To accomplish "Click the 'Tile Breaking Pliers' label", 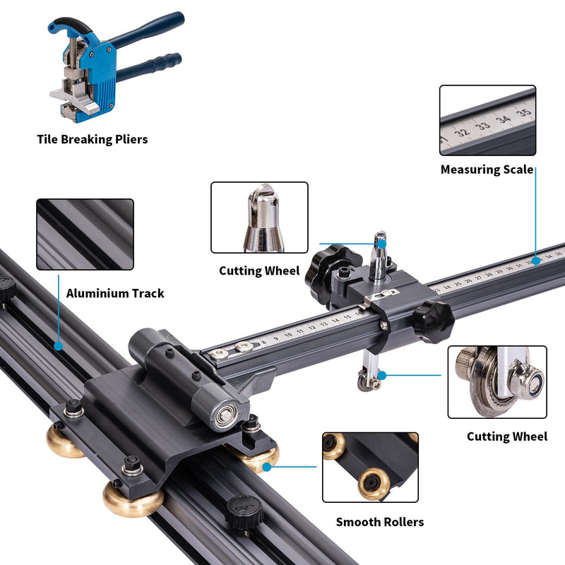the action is point(93,139).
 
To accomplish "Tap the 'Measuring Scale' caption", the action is point(487,169).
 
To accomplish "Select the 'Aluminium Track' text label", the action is point(115,293).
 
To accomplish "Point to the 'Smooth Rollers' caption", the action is point(380,522).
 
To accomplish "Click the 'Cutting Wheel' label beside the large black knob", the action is point(259,271).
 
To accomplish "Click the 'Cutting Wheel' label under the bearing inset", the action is point(507,436).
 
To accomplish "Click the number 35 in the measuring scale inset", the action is point(523,112).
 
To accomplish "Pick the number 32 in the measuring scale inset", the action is point(462,132).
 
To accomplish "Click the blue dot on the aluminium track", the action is point(59,346).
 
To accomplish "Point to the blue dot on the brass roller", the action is point(267,467).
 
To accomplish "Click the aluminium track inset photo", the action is point(85,234).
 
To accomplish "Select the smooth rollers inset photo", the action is point(370,468).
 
